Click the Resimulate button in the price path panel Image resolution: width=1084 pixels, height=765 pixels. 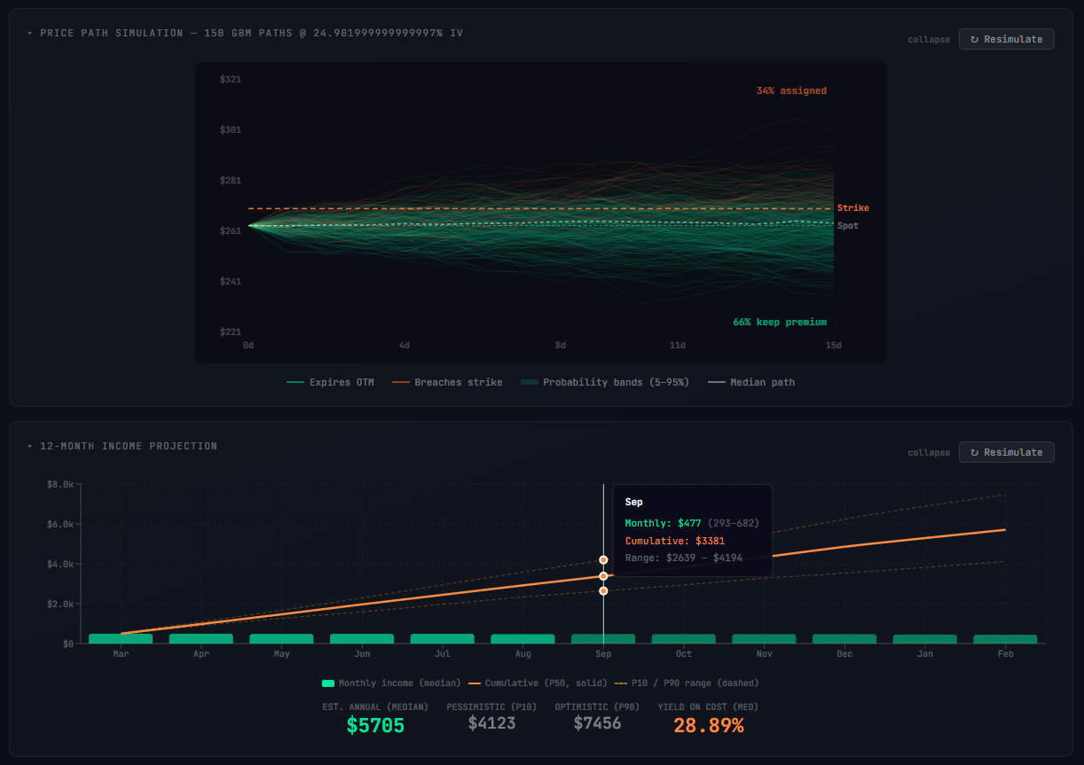[1006, 39]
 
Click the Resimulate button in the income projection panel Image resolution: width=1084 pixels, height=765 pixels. [1006, 452]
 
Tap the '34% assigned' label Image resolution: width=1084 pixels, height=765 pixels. [790, 90]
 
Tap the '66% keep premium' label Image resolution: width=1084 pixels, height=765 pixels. [779, 322]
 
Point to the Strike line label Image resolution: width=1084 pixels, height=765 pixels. [852, 208]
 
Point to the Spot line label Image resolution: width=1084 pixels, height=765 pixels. [847, 226]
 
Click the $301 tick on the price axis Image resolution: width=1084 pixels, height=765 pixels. [230, 130]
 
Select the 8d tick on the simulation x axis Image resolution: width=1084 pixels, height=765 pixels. [560, 345]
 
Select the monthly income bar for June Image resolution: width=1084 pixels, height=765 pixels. [362, 638]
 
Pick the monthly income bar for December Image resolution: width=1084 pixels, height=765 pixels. [844, 638]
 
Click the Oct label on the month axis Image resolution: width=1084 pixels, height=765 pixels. [683, 654]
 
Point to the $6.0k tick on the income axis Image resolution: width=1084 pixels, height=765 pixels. [59, 524]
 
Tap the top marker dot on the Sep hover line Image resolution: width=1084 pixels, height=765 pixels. [603, 560]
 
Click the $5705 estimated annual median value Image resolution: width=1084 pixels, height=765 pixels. [375, 726]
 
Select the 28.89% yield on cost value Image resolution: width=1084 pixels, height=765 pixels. [708, 726]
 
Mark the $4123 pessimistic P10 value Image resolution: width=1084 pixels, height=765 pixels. [491, 723]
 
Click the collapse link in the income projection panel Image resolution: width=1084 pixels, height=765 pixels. [928, 453]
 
